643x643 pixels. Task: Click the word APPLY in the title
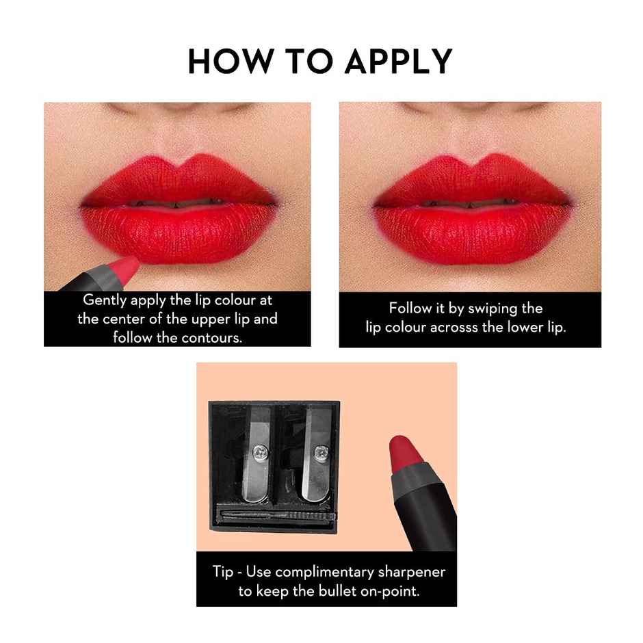click(x=397, y=62)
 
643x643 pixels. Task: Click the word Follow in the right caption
click(x=410, y=309)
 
